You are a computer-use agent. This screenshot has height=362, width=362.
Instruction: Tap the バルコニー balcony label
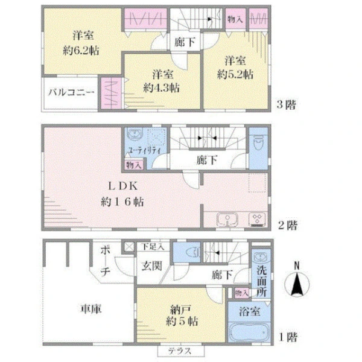71,93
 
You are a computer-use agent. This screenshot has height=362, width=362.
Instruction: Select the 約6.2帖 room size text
81,51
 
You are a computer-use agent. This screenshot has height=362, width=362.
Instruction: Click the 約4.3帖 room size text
161,88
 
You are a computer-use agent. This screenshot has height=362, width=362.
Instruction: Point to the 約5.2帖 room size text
235,74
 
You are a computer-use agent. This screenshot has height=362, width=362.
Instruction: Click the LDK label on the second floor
123,186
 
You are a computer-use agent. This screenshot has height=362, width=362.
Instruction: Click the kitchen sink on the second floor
227,220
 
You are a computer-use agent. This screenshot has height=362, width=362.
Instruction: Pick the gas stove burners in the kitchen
257,220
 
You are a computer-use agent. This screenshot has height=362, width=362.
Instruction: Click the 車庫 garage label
91,309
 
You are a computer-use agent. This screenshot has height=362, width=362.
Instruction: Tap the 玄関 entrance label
151,266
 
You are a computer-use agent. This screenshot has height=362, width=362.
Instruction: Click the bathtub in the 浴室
249,332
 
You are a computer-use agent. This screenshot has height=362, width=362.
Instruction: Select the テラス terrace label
180,351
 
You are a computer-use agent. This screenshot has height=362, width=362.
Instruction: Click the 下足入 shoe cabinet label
153,247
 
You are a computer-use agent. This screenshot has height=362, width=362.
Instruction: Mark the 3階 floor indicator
286,104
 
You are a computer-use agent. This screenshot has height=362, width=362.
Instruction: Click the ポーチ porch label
105,261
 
